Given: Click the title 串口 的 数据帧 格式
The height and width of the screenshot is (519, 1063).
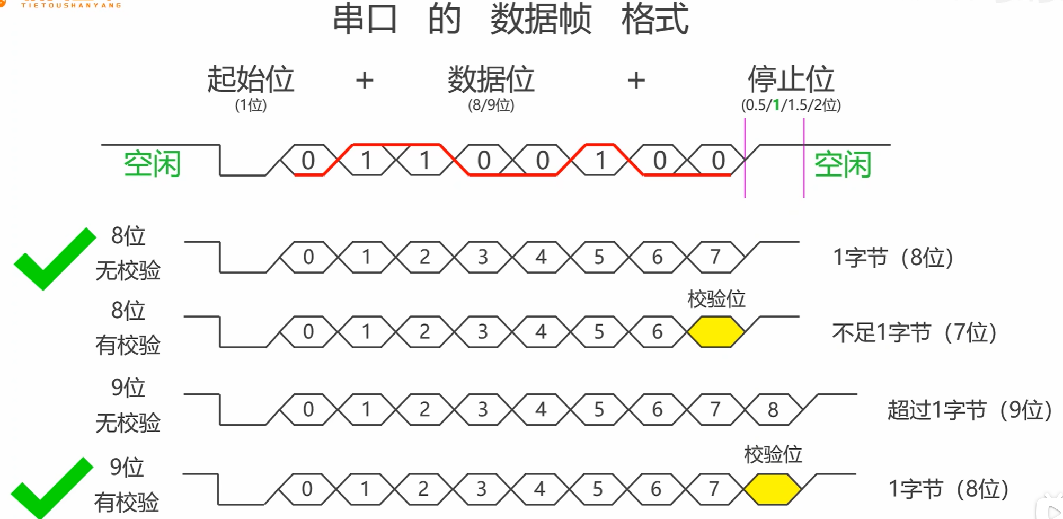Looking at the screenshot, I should [510, 19].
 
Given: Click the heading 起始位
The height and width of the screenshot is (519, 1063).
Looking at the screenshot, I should [251, 80].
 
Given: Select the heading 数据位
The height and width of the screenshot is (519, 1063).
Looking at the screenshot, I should [491, 80].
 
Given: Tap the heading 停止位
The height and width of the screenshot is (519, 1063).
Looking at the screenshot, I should [791, 80].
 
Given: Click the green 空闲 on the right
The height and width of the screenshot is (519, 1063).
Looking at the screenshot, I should [843, 164].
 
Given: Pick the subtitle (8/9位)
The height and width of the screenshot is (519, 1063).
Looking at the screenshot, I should [491, 105].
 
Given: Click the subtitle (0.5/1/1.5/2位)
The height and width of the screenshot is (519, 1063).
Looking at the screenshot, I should [791, 105].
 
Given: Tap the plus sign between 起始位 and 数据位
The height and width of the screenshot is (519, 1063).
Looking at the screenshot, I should [365, 81].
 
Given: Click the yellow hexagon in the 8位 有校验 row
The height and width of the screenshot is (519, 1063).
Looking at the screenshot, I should [715, 332].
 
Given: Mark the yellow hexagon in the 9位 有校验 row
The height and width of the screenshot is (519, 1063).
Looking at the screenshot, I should [773, 489].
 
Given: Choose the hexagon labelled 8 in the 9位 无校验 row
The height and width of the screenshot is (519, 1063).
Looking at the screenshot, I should [773, 409].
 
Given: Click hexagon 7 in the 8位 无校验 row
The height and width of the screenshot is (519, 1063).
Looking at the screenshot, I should [715, 257].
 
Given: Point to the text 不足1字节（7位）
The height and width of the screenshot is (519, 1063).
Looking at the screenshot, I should [915, 332].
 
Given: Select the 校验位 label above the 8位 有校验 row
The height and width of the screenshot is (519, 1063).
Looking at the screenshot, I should [716, 299].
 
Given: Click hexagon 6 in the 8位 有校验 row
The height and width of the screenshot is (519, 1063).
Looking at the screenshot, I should [657, 332].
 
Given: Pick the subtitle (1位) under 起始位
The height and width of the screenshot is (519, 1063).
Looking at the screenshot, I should [251, 105].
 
